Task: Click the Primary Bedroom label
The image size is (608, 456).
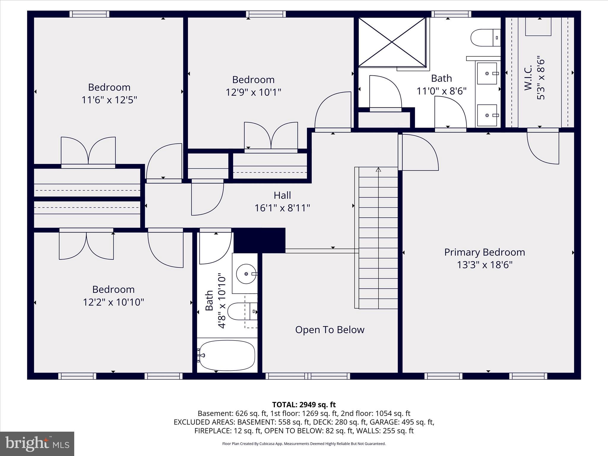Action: point(484,252)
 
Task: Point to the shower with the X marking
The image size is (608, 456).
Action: point(392,42)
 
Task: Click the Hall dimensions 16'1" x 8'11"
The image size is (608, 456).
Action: point(282,208)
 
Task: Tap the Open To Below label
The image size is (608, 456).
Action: point(330,330)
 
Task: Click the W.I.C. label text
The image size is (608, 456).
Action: point(528,78)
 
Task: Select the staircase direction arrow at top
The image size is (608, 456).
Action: point(378,170)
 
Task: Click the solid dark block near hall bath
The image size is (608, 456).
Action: point(259,240)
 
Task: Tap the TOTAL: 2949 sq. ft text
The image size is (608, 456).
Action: point(304,405)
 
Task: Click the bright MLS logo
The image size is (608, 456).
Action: point(37,444)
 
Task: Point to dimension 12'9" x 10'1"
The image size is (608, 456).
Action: point(253,92)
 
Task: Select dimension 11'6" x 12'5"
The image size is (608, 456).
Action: point(109,100)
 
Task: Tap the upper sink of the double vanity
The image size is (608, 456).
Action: point(487,73)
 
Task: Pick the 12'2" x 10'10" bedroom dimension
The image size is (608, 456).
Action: point(113,302)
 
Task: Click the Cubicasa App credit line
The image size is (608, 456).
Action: point(304,444)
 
